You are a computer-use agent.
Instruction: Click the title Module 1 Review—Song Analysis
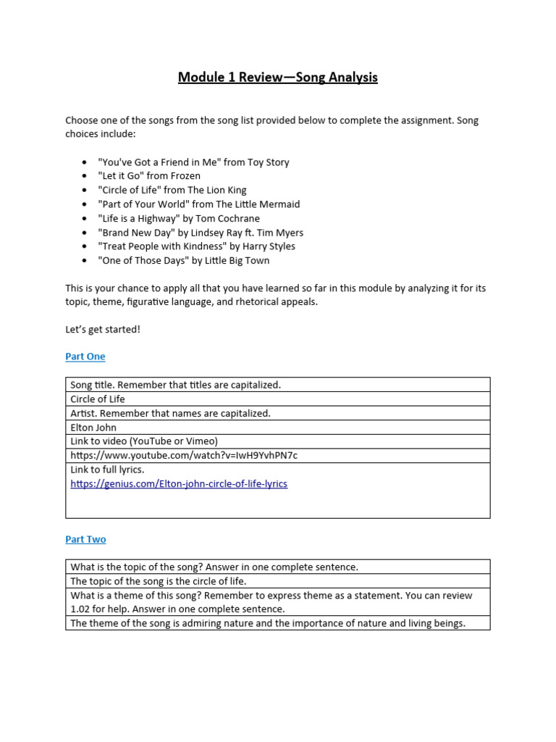click(x=278, y=77)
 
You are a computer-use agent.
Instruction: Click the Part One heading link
click(x=85, y=357)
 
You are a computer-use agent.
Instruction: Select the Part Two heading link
click(x=85, y=539)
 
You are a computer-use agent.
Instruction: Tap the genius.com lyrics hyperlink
click(x=179, y=484)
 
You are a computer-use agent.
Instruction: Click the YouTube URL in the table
click(x=184, y=455)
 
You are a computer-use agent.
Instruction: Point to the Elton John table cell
click(x=95, y=427)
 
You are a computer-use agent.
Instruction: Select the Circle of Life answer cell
click(x=98, y=399)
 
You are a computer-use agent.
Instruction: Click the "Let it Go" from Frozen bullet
click(x=149, y=176)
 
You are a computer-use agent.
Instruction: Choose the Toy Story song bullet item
click(x=193, y=162)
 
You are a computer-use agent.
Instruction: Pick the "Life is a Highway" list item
click(x=179, y=218)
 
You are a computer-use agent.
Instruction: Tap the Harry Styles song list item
click(x=196, y=246)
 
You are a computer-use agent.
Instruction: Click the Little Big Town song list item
click(x=184, y=260)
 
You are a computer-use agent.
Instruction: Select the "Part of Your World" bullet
click(x=198, y=204)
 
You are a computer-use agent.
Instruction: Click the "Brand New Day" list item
click(x=201, y=233)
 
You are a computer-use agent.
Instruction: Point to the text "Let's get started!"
click(x=103, y=330)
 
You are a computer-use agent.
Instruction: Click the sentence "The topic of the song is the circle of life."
click(x=159, y=581)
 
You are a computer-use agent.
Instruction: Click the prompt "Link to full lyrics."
click(x=107, y=470)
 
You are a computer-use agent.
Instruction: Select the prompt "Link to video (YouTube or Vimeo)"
click(x=144, y=441)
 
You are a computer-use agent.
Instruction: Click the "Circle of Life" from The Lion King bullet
click(x=172, y=190)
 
